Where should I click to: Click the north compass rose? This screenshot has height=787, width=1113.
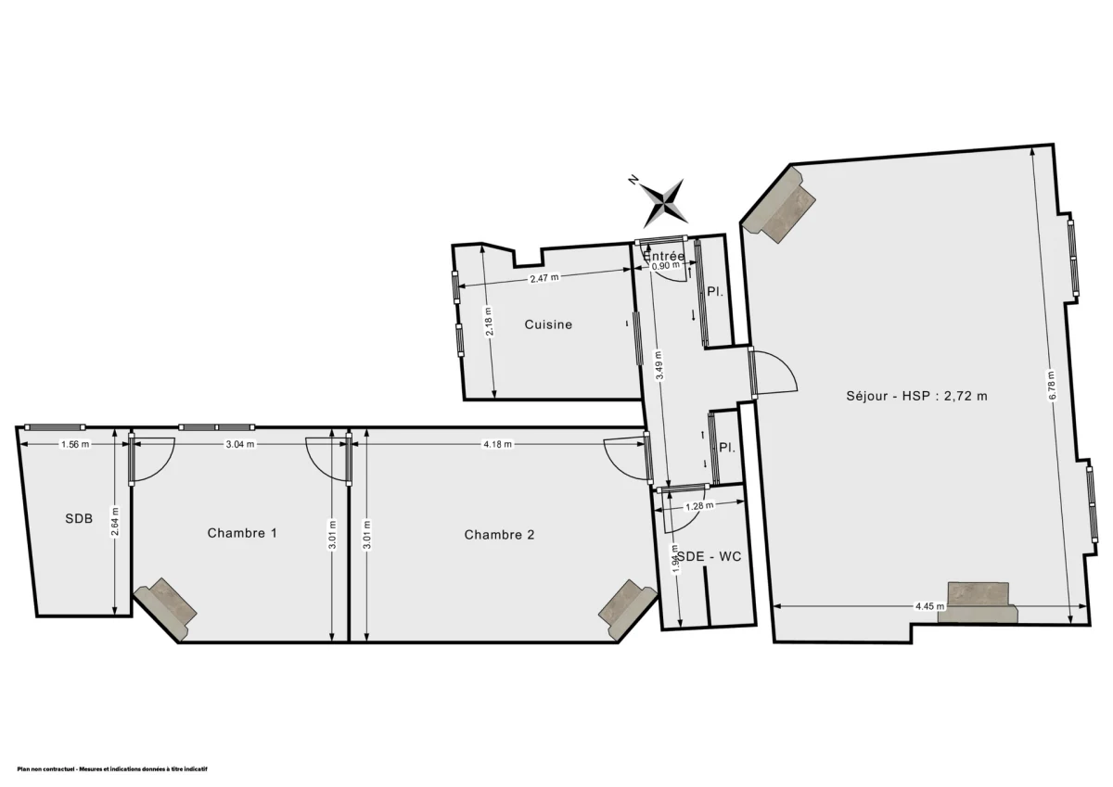(664, 201)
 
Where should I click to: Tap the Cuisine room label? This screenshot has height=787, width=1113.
(548, 324)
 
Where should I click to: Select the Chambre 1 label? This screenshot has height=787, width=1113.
(242, 533)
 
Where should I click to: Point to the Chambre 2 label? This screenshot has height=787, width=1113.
(499, 535)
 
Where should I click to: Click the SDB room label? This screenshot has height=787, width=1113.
(79, 519)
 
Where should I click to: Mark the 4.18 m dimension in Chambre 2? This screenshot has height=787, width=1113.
(497, 444)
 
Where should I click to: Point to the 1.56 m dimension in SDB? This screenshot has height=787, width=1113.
(74, 444)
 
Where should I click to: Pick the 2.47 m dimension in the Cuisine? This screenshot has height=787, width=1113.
(544, 277)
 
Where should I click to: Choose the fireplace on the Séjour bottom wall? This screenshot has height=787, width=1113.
(978, 602)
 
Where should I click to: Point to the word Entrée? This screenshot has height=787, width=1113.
(664, 256)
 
